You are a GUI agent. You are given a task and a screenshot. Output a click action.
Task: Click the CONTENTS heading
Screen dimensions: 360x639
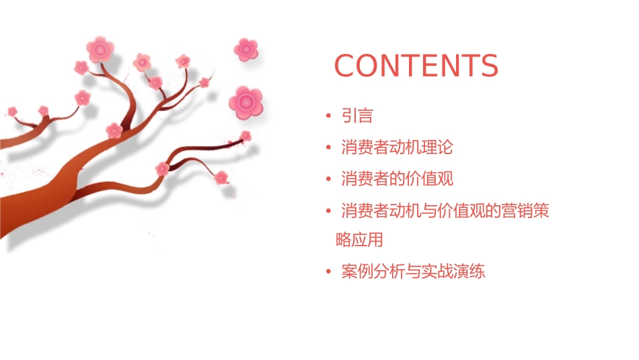point(416,66)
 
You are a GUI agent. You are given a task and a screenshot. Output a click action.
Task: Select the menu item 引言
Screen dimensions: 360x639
point(357,116)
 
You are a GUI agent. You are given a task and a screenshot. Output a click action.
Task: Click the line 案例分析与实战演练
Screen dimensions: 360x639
point(413,272)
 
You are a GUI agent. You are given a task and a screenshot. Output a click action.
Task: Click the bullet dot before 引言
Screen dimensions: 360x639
point(328,116)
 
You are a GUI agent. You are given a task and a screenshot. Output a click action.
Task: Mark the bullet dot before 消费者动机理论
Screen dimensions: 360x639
point(328,147)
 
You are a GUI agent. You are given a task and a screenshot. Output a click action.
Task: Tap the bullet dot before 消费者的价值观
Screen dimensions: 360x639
point(328,178)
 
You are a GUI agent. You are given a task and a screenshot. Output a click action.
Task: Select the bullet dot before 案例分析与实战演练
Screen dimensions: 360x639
point(328,272)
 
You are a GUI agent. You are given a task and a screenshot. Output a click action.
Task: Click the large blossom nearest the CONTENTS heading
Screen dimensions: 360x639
point(245,102)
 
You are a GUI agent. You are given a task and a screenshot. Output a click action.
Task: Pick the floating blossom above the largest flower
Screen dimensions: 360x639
point(246,49)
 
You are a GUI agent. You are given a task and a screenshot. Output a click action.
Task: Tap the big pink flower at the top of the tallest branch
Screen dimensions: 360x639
point(100,49)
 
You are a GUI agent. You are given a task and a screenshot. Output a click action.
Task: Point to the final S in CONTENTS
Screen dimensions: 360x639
point(488,66)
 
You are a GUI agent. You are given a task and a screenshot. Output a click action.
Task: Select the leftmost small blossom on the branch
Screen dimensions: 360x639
point(12,111)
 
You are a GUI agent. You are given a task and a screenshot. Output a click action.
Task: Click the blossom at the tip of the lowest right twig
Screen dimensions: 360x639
point(221,178)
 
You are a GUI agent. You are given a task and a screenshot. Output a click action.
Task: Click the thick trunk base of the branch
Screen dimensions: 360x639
point(27,215)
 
